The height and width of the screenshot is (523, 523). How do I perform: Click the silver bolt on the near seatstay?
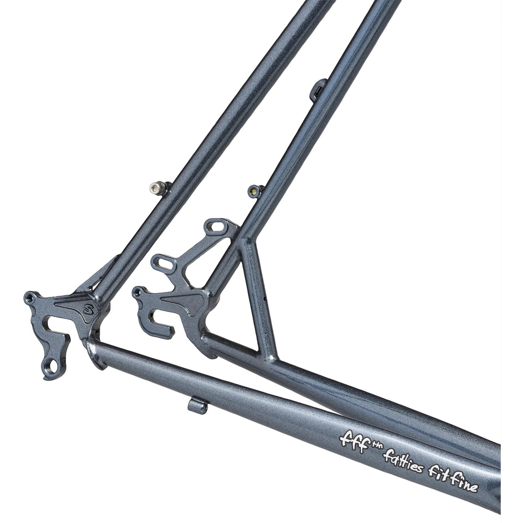click(x=156, y=188)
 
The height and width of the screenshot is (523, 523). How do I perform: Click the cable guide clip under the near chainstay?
click(x=198, y=405)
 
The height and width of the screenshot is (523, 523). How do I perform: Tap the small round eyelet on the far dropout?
click(x=138, y=293)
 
